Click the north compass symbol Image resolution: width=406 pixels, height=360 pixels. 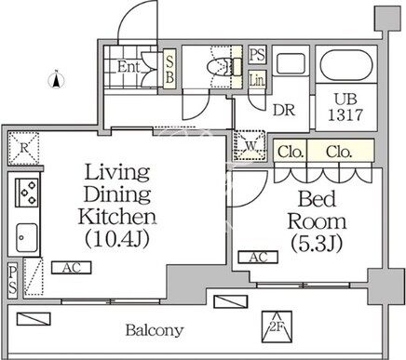(57, 80)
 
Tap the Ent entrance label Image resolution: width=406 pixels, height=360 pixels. (129, 67)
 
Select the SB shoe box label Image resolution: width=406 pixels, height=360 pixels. (169, 70)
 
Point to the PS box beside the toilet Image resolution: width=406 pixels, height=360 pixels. (257, 55)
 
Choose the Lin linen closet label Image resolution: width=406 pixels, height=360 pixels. (257, 80)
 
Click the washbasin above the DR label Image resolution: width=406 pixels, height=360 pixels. (291, 63)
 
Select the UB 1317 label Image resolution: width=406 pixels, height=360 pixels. (345, 107)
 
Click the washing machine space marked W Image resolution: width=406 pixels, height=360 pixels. (250, 145)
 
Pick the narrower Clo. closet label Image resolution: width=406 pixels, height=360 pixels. (290, 152)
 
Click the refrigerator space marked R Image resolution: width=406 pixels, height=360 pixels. (24, 148)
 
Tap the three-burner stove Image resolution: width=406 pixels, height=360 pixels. (27, 193)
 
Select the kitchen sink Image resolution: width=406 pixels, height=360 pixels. (27, 237)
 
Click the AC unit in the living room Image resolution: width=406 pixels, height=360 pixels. (72, 268)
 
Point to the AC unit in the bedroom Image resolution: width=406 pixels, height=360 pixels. (258, 257)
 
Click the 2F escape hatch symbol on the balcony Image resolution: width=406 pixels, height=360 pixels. (277, 327)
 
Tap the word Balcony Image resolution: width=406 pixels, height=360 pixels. (155, 330)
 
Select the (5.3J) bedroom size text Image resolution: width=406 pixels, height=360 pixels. (317, 244)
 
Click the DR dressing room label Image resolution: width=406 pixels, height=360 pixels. (284, 110)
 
